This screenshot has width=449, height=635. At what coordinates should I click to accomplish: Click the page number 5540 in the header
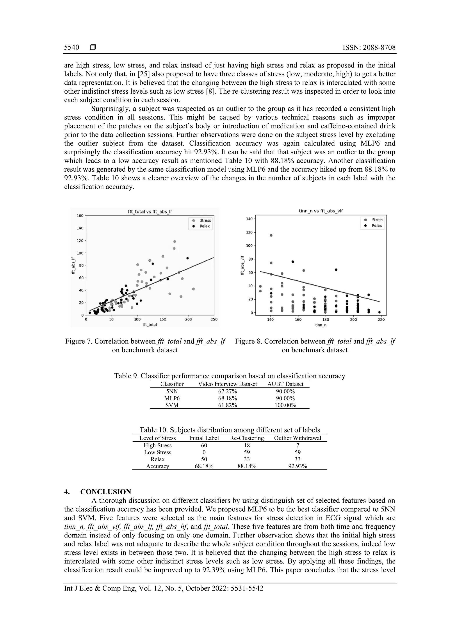coord(71,48)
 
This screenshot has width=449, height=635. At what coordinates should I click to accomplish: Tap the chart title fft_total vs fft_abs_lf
coord(150,212)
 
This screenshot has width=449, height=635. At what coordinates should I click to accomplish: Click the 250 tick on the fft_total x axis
coord(214,319)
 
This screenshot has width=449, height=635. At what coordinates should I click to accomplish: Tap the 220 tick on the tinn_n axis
coord(381,319)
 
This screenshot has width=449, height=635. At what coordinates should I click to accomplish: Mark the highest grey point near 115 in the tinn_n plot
coord(271,235)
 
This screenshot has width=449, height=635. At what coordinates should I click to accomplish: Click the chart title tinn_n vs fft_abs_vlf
coord(321,211)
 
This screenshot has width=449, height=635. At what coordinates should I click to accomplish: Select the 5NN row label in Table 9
coord(172,391)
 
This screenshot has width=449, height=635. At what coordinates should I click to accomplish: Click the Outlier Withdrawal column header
coord(298,438)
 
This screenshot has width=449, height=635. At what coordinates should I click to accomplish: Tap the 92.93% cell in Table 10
coord(298,466)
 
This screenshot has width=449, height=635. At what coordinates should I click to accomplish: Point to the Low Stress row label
coord(157,452)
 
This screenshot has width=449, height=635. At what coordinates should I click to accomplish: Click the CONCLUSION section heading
coord(106,492)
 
